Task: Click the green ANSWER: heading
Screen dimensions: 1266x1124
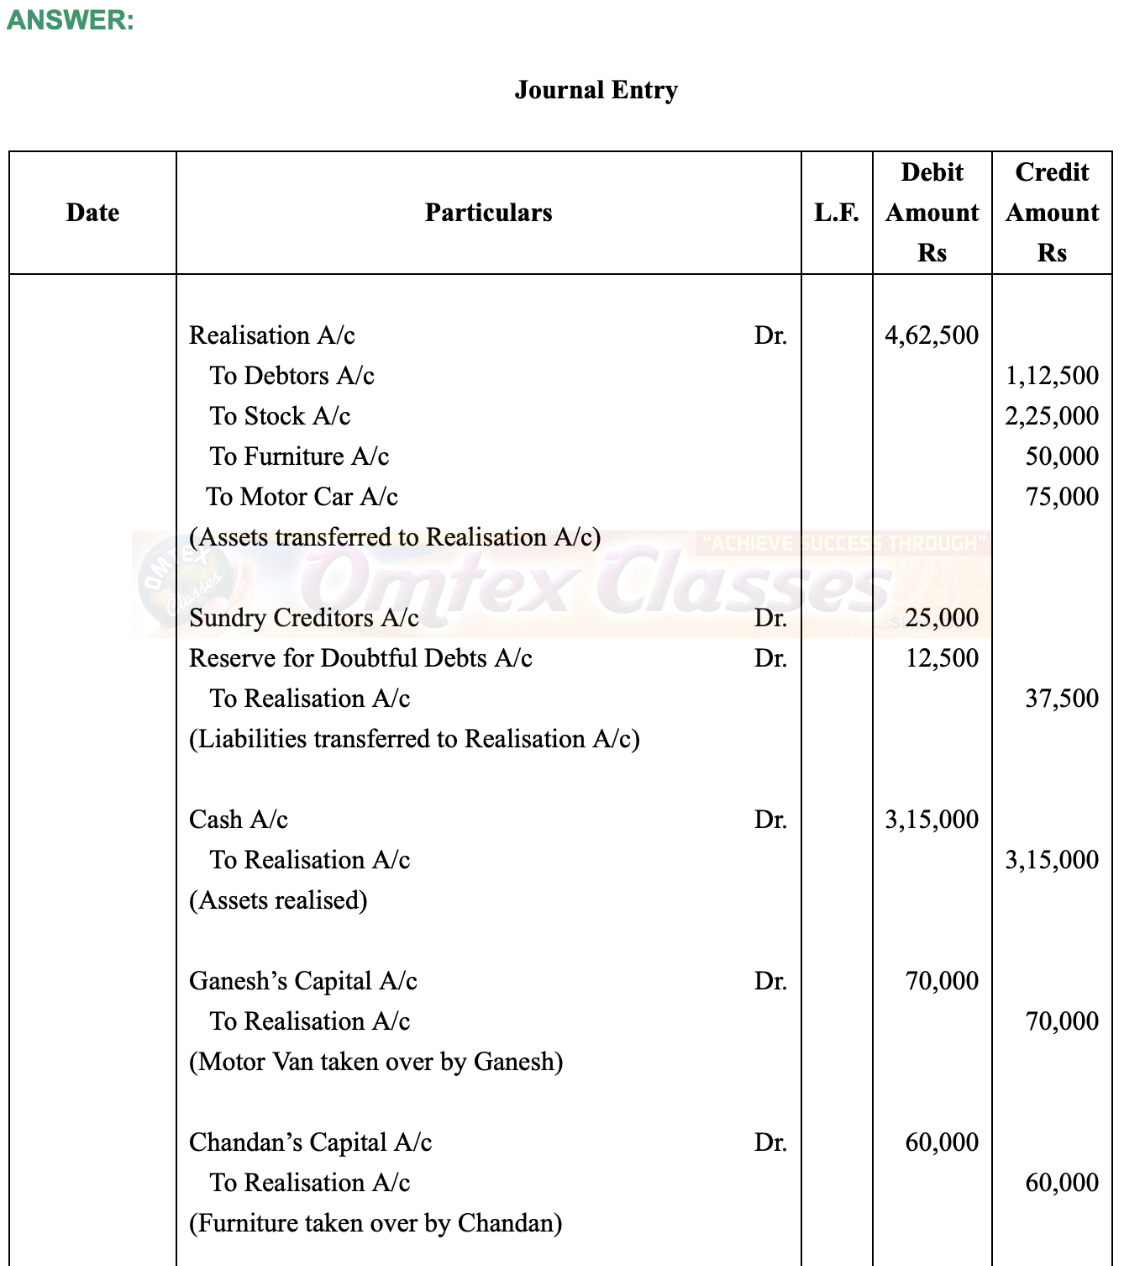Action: [x=70, y=20]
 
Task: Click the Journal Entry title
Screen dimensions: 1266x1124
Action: [x=596, y=90]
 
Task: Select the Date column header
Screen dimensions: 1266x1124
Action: [x=92, y=213]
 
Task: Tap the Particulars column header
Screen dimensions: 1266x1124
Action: [x=488, y=213]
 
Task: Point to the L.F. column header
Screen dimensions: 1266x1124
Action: [x=837, y=213]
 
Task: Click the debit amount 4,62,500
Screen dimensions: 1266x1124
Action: [x=932, y=335]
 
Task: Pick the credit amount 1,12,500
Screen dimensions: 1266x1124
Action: [x=1052, y=376]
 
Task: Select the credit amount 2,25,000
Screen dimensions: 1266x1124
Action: [x=1052, y=416]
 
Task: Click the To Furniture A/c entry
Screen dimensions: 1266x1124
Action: [x=299, y=456]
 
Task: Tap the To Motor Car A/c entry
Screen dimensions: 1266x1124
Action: [x=302, y=497]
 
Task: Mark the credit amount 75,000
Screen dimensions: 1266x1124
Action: [x=1062, y=497]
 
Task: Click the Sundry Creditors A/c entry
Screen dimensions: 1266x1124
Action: [x=304, y=618]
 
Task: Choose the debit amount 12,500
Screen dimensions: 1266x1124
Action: [x=942, y=658]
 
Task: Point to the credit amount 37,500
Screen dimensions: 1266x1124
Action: [x=1062, y=699]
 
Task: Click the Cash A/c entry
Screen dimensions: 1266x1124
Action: [x=239, y=820]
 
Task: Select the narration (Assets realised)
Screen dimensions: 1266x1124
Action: [x=278, y=900]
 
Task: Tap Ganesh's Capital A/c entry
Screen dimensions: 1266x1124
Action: [x=303, y=981]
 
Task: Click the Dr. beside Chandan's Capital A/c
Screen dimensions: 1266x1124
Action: [x=770, y=1142]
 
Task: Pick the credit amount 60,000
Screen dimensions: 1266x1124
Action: [x=1062, y=1183]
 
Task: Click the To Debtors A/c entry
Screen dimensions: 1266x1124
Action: [x=292, y=376]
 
